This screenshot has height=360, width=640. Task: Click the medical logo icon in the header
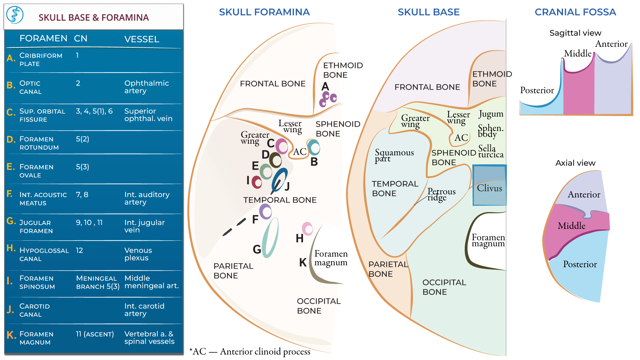pos(15,15)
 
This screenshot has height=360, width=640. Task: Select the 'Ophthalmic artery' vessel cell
pos(146,87)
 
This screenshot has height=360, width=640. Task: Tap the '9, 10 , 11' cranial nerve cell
pos(89,222)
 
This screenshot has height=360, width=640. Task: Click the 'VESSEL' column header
pos(142,39)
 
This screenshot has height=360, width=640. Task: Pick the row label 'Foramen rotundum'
pos(39,143)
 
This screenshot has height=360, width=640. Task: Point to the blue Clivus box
pos(489,185)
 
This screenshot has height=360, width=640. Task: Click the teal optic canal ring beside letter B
pos(314,147)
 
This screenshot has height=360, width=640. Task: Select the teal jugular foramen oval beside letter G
pos(270,237)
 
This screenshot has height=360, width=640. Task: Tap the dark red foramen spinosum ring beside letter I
pos(257,182)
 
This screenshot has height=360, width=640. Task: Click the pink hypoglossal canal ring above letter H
pos(307,229)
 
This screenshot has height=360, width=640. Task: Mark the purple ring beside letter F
pos(265,211)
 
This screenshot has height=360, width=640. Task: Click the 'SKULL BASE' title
pos(428,12)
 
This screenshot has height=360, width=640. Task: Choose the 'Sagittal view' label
pos(575,33)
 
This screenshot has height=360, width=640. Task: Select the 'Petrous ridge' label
pos(441,194)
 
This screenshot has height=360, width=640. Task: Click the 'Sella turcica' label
pos(490,151)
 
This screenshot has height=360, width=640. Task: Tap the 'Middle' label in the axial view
pos(571,226)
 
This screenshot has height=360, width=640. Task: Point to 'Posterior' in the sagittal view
pos(537,90)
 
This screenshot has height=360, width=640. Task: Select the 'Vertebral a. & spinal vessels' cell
pos(149,337)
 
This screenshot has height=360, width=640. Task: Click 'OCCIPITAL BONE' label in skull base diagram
pos(444,287)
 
